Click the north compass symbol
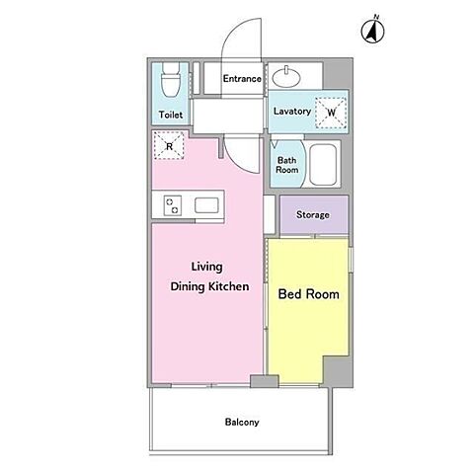tap(372, 31)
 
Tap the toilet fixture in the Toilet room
tap(171, 80)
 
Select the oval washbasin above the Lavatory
tap(286, 78)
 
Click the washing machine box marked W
tap(331, 113)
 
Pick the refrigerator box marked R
tap(169, 146)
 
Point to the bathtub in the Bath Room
tap(323, 164)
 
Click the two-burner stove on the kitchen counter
tap(173, 205)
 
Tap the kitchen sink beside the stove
tap(206, 205)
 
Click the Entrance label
tap(242, 79)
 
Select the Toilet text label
tap(171, 115)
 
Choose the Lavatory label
tap(292, 112)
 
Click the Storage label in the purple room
tap(313, 215)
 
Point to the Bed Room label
tap(309, 294)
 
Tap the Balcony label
tap(242, 422)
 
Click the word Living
tap(207, 267)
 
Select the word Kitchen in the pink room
tap(229, 286)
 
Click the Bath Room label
tap(287, 165)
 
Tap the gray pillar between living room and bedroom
tap(265, 381)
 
